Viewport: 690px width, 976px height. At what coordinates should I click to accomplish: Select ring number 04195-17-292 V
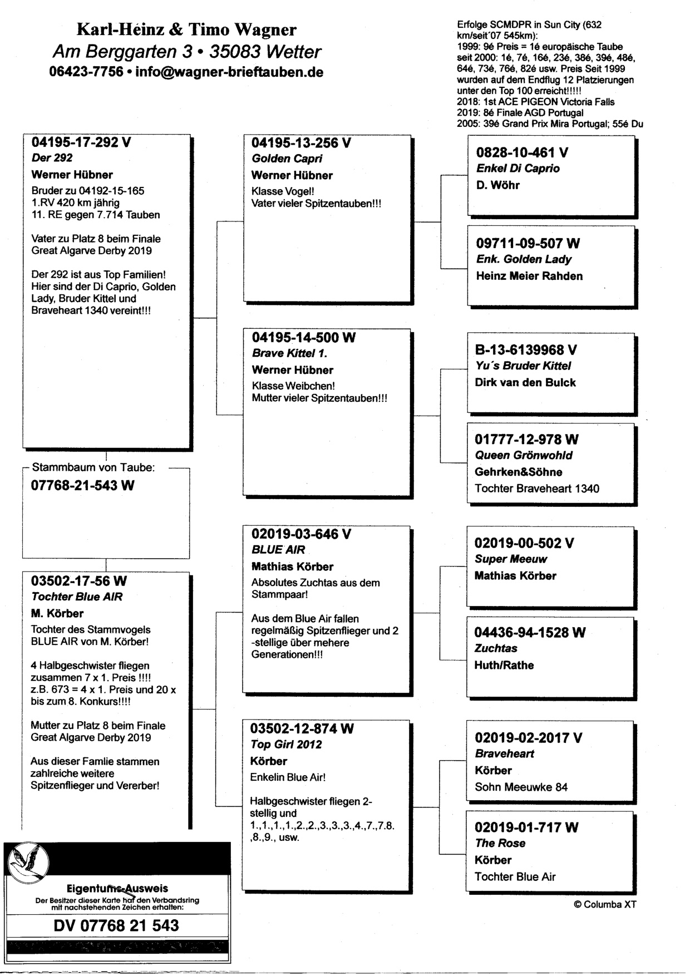tap(81, 142)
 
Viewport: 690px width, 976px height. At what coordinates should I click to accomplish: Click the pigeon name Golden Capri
tap(287, 159)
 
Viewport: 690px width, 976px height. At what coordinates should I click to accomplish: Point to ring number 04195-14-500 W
tap(303, 338)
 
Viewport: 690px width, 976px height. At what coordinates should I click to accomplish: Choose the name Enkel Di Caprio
tap(517, 169)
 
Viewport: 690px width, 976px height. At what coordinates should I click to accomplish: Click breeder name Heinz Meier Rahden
tap(529, 276)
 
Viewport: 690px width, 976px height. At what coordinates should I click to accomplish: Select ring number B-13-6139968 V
tap(525, 350)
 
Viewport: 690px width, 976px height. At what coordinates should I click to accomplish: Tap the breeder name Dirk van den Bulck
tap(525, 383)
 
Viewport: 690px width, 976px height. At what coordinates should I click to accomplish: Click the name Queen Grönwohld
tap(523, 455)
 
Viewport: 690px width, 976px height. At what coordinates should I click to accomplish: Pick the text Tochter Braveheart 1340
tap(536, 489)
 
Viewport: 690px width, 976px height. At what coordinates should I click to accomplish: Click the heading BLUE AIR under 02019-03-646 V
tap(278, 550)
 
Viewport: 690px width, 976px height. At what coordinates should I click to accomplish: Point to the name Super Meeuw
tap(510, 559)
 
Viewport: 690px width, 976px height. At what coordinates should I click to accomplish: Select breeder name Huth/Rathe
tap(504, 666)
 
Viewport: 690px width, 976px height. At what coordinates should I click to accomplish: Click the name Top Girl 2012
tap(286, 745)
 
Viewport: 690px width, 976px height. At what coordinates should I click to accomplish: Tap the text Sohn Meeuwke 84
tap(521, 787)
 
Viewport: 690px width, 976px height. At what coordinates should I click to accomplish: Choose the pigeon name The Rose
tap(500, 843)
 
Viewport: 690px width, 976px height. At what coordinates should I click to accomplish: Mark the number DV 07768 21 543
tap(116, 925)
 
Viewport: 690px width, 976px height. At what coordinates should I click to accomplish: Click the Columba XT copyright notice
tap(604, 905)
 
